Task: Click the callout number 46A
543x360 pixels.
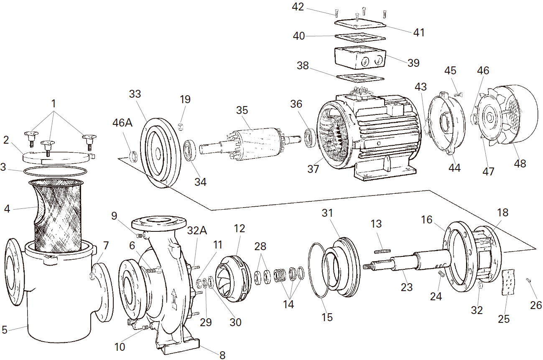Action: click(x=122, y=123)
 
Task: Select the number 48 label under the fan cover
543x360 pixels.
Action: click(x=520, y=163)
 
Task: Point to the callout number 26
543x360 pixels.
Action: click(x=536, y=305)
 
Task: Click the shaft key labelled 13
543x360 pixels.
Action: click(x=382, y=251)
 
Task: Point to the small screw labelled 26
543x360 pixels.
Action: click(x=529, y=280)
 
